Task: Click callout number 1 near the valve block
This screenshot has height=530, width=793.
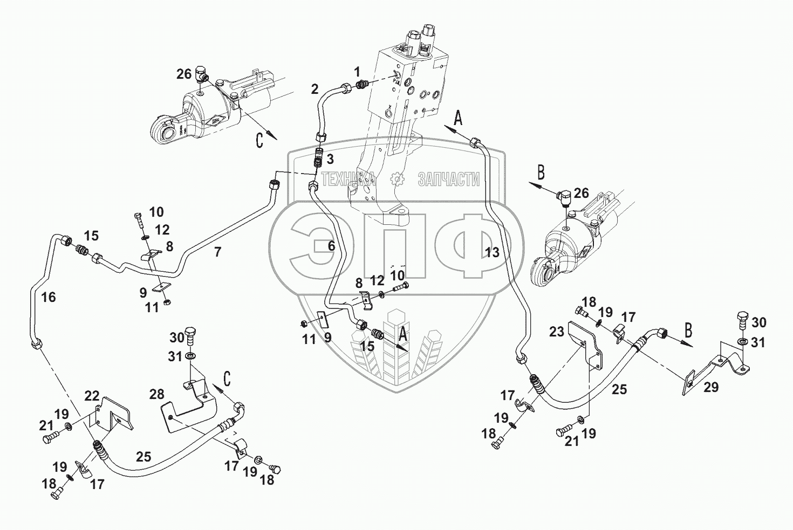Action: point(357,71)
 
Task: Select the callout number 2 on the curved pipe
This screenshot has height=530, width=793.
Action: point(315,90)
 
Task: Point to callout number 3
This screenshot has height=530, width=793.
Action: point(330,159)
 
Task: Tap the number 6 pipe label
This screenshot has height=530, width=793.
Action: point(331,246)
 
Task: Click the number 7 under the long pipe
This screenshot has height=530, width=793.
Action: point(217,251)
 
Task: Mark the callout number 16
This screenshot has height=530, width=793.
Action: point(49,297)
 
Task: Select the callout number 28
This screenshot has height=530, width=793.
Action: point(156,395)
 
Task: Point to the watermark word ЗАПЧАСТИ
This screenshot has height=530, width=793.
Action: point(448,180)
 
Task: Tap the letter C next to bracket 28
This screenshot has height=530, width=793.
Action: point(228,378)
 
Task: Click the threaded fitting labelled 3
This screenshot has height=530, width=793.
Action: point(319,160)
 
